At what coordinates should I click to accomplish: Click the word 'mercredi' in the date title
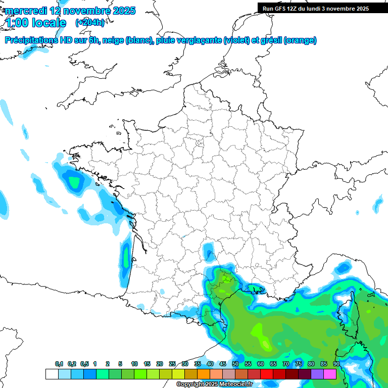(x=25, y=11)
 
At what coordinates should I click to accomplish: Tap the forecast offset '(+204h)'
(x=90, y=22)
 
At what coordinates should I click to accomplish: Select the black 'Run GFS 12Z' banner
(x=316, y=8)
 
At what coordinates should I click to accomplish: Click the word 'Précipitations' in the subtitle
(x=30, y=40)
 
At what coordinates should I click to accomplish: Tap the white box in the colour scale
(x=52, y=374)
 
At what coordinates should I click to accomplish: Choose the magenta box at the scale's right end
(x=330, y=374)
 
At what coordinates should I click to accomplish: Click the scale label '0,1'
(x=59, y=364)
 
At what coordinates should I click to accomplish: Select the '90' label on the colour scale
(x=336, y=364)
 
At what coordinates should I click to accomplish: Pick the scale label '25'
(x=172, y=364)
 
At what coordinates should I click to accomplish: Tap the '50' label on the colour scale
(x=235, y=364)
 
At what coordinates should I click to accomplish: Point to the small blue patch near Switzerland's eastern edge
(x=378, y=205)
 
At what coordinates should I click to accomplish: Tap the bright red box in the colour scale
(x=267, y=374)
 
